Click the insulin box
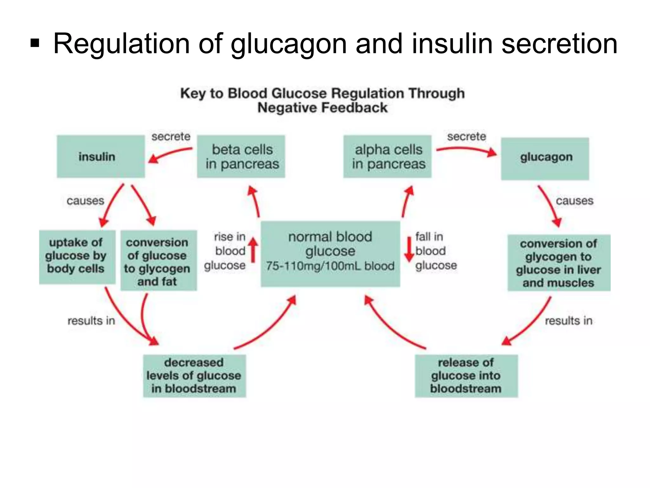101,156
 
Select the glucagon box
545,159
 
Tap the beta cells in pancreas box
241,156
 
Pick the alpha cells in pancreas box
388,156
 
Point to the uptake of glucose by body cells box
77,256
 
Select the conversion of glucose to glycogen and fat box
158,261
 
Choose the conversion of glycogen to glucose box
559,263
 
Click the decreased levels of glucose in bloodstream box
194,376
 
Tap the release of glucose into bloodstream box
466,376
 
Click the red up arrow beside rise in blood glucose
253,250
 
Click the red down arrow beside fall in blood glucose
409,250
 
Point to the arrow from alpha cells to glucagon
467,151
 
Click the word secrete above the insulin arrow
171,137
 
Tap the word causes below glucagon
574,201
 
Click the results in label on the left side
91,321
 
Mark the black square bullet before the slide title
35,44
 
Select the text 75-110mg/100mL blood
330,266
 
